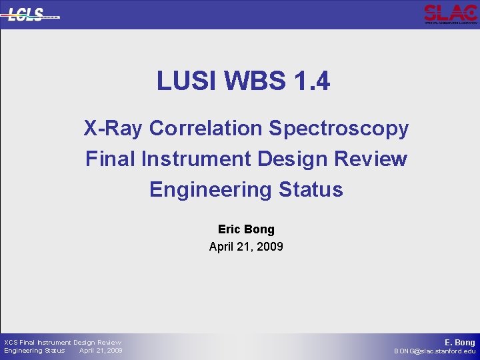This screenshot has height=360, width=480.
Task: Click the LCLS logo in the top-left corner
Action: tap(32, 14)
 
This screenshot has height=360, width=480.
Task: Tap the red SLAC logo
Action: tap(451, 13)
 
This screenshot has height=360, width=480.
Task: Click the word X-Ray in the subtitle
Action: tap(113, 128)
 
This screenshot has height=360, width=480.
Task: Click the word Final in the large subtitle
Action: tap(107, 159)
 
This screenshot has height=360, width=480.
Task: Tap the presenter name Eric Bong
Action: tap(246, 229)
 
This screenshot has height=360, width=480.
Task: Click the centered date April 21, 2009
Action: tap(246, 247)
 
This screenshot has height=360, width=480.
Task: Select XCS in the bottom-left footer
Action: tap(11, 343)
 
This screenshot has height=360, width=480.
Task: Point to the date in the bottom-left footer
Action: tap(101, 351)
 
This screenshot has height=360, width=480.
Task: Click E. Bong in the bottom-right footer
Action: tap(460, 343)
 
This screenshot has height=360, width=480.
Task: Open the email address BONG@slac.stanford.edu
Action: tap(435, 351)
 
